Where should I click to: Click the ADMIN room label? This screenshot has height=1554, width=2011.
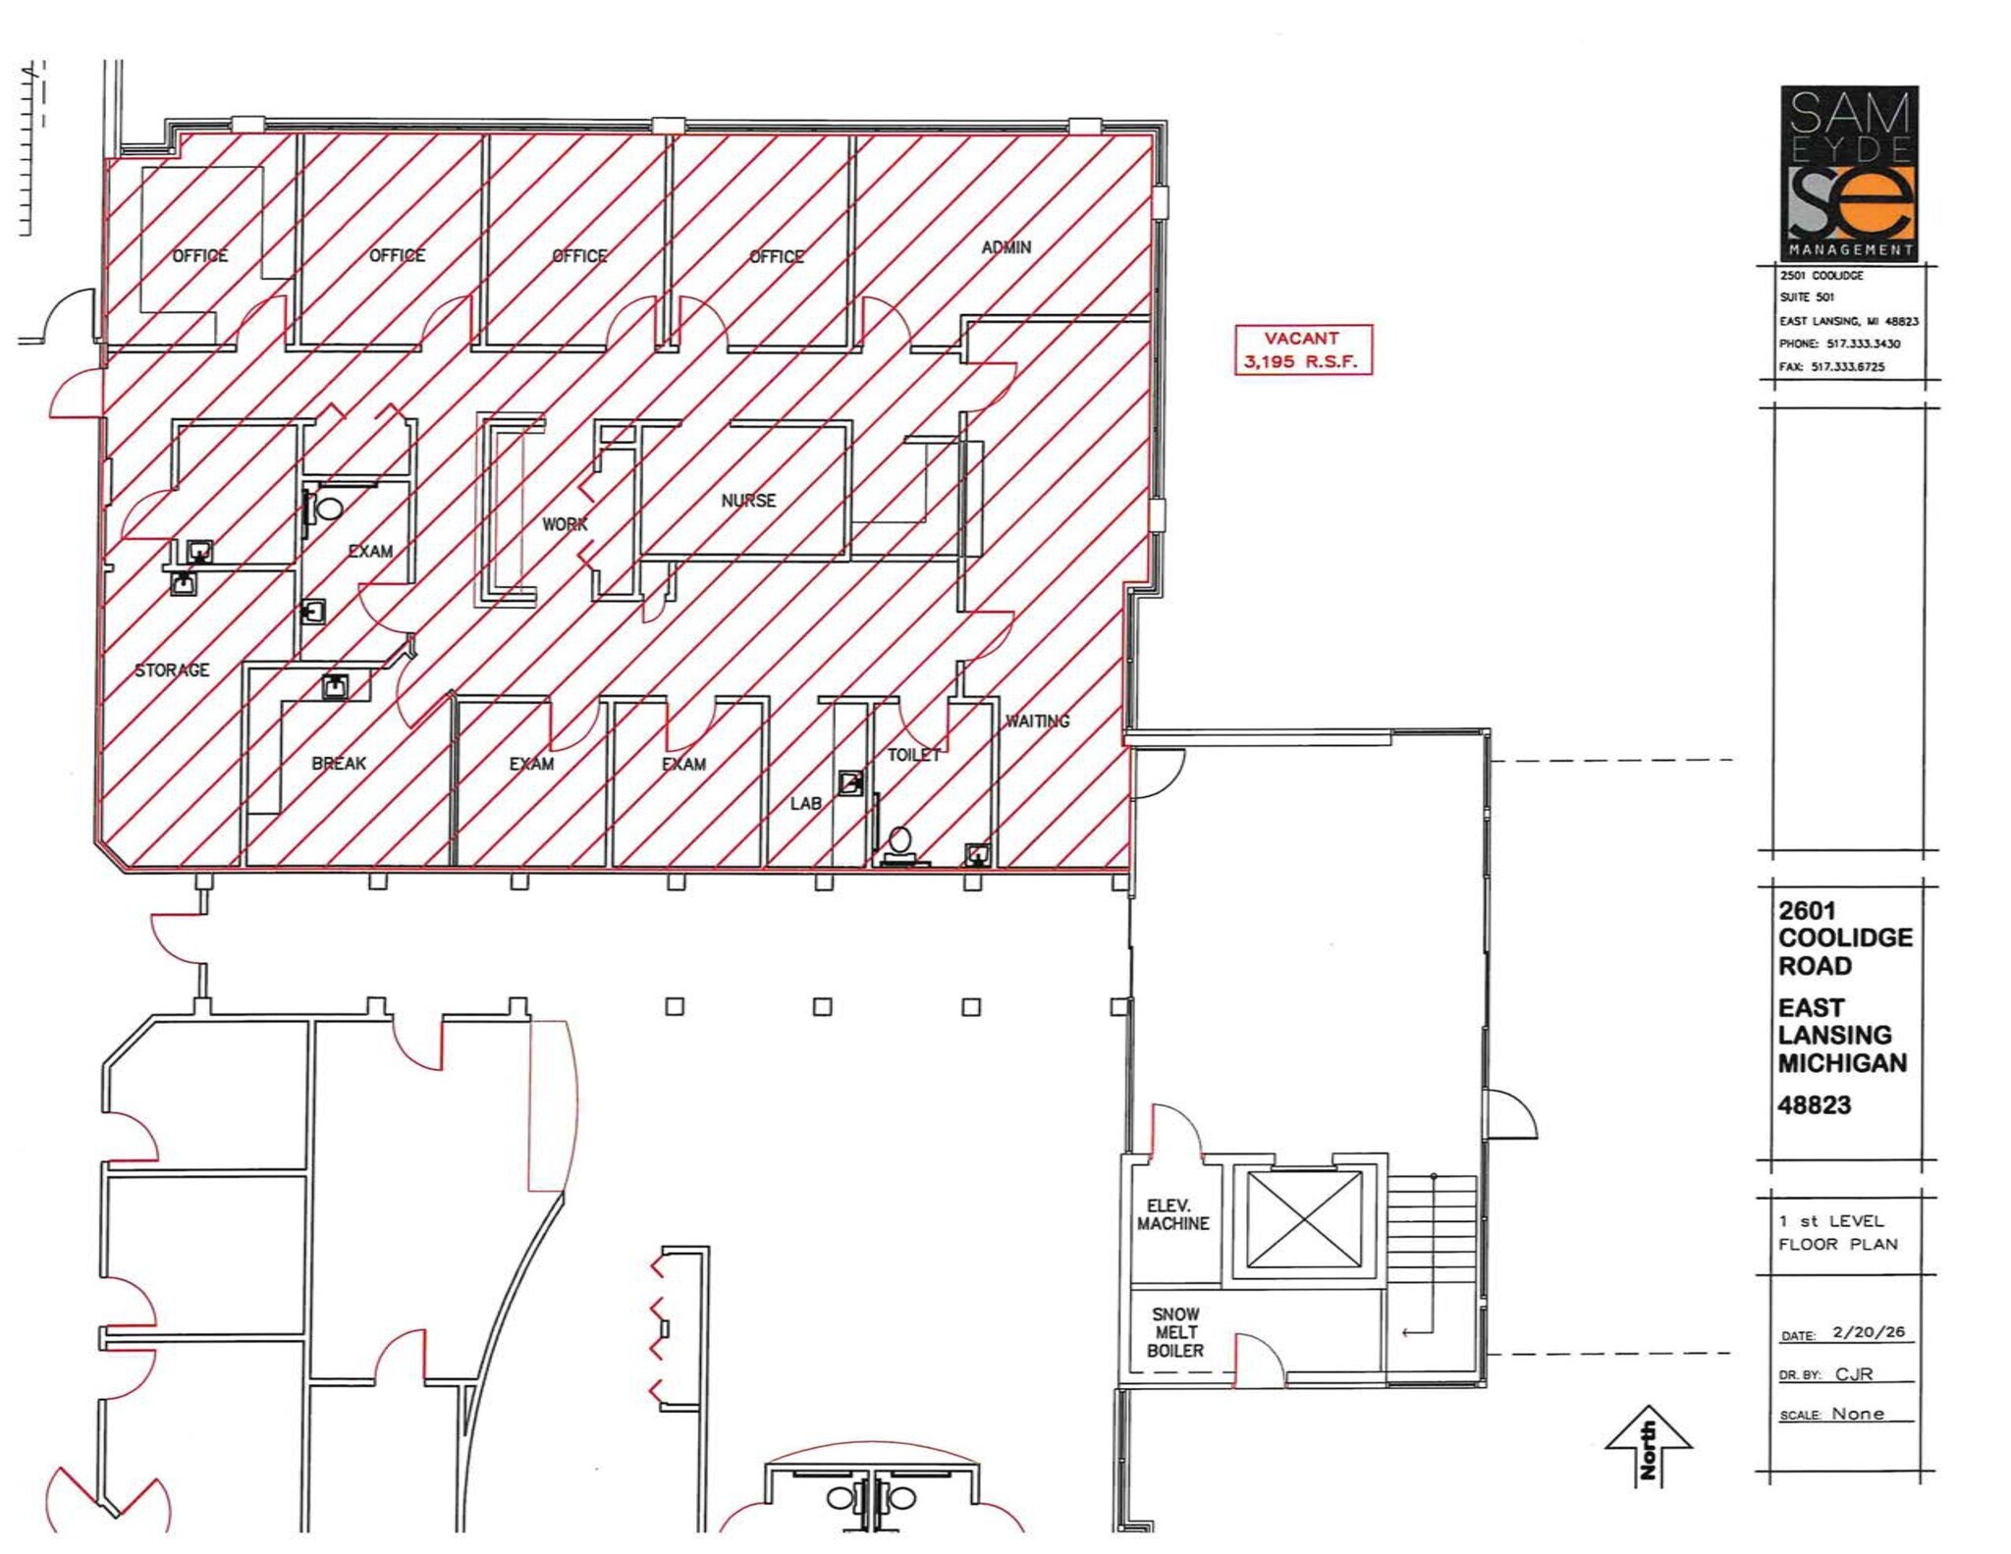(x=1005, y=247)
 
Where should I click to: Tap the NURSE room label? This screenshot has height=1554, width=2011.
(x=748, y=501)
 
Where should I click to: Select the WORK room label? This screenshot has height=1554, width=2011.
(x=565, y=524)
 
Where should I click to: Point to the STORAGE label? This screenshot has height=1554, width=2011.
(x=172, y=670)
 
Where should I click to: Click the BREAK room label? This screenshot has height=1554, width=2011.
(x=339, y=763)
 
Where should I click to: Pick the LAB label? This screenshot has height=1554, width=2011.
(x=806, y=803)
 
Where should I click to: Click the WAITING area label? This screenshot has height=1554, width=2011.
(x=1037, y=721)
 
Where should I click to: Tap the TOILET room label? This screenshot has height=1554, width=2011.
(x=913, y=755)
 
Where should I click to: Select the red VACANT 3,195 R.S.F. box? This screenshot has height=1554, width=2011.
(x=1302, y=349)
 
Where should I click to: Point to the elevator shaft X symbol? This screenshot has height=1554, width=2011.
(x=1304, y=1220)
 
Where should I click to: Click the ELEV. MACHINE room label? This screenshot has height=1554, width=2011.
(x=1172, y=1214)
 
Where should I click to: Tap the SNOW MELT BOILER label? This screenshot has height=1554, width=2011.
(x=1175, y=1332)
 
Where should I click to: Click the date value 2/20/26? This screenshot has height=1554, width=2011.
(x=1868, y=1332)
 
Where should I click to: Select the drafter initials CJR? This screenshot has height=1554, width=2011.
(x=1854, y=1373)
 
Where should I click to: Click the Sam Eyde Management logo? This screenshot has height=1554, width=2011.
(x=1849, y=173)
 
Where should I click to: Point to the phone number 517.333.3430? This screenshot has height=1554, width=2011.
(x=1863, y=344)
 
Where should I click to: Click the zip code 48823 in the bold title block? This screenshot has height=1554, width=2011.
(x=1814, y=1105)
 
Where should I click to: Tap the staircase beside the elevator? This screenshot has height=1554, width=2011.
(x=1431, y=1237)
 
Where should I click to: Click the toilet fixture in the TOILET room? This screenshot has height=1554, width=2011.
(x=899, y=844)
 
